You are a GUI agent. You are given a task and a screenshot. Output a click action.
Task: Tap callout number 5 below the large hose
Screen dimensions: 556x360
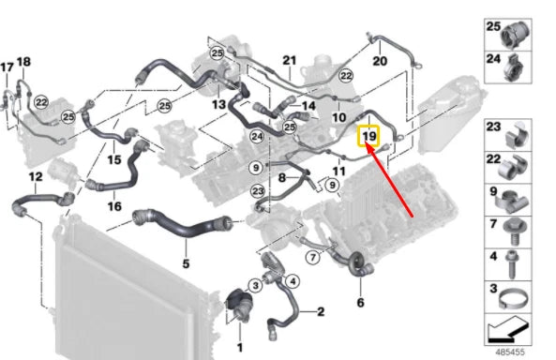pos(186,263)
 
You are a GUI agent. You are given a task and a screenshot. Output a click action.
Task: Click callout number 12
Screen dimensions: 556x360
pos(36,176)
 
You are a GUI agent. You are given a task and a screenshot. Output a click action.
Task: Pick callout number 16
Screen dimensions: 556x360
pos(114,206)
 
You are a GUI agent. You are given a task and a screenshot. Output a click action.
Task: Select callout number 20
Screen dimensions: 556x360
pos(379,61)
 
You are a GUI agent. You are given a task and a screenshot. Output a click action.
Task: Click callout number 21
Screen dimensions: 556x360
pos(289,60)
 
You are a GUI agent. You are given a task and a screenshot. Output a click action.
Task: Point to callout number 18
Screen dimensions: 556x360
pos(24,62)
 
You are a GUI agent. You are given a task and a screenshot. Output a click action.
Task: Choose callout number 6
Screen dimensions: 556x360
pos(359,303)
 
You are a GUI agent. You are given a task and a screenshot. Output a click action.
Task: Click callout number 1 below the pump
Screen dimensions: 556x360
pos(239,348)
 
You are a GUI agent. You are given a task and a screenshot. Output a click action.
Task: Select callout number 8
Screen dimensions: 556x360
pos(281,177)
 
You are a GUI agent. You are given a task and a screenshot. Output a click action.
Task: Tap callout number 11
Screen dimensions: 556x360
pos(338,172)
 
